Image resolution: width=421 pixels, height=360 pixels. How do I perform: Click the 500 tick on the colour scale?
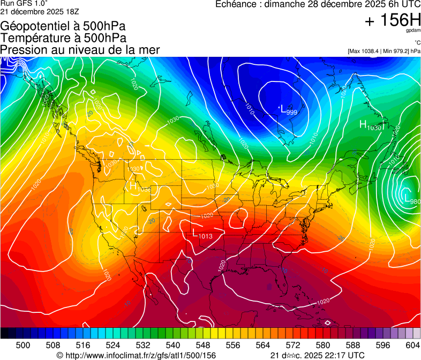23,346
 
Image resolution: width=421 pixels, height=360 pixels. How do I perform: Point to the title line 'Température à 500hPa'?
63,38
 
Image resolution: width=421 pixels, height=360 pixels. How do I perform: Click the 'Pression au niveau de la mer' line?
80,50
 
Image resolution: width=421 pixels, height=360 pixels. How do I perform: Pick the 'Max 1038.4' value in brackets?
367,51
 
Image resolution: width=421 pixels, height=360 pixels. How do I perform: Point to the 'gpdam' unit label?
413,31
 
